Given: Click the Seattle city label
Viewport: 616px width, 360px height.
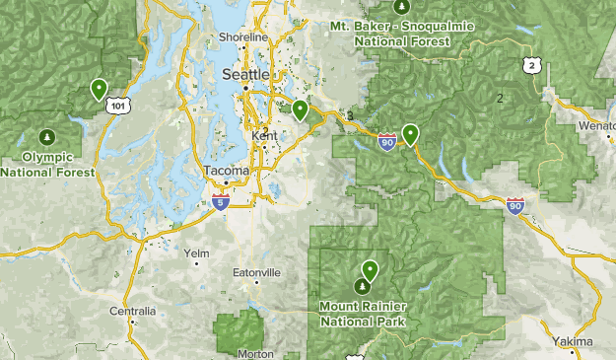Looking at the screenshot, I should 244,75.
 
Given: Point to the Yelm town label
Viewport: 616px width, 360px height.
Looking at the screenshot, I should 198,253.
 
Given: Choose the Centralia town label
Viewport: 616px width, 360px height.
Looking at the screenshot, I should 132,311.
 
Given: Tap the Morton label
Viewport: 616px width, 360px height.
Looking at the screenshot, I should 255,353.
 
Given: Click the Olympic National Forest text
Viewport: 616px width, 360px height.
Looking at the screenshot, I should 47,165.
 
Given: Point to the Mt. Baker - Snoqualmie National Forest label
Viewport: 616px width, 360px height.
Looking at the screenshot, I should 390,34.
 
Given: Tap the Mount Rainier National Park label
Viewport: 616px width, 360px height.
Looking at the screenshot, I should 364,312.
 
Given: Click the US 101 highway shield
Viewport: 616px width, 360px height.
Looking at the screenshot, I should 118,105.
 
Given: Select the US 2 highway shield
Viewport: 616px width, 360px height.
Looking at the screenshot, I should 532,65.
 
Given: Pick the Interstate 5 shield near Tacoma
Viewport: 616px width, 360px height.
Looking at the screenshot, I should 219,203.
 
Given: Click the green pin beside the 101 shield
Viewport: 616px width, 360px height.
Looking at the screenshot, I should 99,89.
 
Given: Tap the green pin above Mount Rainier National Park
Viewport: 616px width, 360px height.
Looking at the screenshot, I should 370,269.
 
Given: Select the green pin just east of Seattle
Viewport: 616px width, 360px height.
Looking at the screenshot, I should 300,109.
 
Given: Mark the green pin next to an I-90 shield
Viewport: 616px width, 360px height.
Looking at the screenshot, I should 409,134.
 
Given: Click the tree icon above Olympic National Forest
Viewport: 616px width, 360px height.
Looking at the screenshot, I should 47,135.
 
